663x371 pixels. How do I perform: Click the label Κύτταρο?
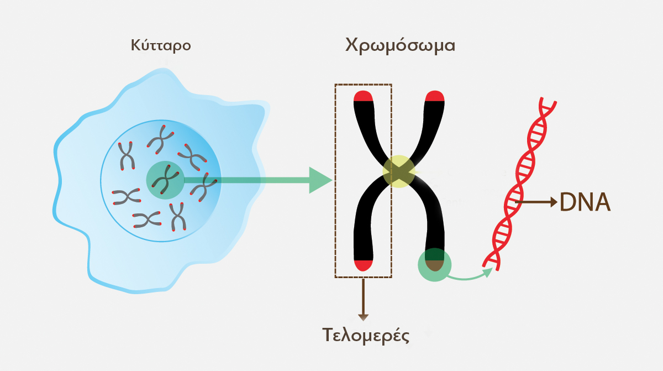[161, 45]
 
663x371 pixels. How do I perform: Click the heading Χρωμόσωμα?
[400, 45]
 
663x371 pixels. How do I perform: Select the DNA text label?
[585, 202]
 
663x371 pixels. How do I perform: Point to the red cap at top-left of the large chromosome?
[364, 97]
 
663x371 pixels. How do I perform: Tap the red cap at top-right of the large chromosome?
[434, 97]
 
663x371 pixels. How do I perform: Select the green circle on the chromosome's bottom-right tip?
[435, 264]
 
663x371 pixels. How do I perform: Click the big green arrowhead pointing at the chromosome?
[319, 180]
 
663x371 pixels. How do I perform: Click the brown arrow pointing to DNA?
[539, 202]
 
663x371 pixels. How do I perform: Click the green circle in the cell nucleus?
[165, 180]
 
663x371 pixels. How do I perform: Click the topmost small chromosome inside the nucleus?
[161, 138]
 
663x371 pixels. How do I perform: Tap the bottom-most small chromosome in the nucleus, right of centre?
[177, 217]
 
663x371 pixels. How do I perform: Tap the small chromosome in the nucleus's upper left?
[127, 155]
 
